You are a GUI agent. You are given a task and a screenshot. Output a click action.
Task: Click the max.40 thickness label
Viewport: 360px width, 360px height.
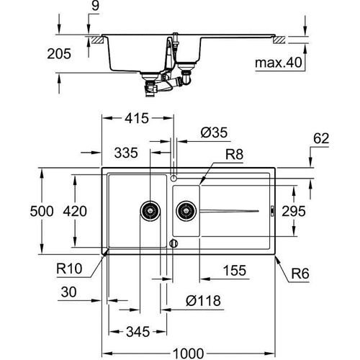pyautogui.click(x=276, y=63)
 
